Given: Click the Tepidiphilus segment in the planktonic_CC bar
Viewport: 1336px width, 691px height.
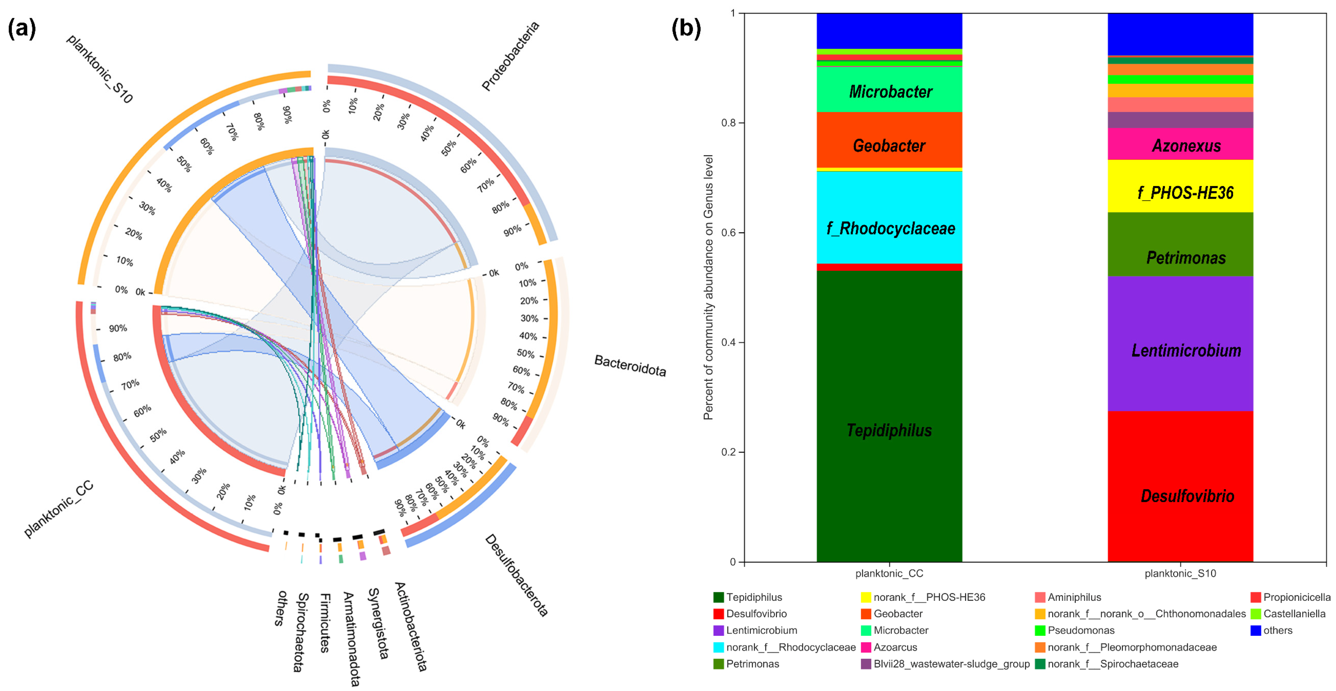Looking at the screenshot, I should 889,431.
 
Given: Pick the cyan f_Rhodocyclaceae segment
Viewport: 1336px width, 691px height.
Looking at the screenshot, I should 889,228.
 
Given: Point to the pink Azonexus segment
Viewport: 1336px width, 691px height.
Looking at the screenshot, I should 1181,146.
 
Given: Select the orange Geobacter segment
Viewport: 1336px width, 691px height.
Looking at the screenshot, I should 889,146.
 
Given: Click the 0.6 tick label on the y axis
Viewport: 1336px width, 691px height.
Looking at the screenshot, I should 729,233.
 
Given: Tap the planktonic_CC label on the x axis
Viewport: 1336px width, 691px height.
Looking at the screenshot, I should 889,573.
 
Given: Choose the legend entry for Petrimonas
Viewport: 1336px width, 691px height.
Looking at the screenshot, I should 752,664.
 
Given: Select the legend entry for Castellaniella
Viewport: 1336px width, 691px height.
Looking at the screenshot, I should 1293,614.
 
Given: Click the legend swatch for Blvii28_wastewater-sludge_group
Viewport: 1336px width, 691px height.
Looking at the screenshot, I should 866,664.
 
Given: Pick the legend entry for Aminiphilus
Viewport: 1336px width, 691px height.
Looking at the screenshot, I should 1074,597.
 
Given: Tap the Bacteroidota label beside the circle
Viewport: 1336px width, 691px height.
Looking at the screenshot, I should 630,366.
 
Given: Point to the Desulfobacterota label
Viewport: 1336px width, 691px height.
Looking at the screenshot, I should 516,575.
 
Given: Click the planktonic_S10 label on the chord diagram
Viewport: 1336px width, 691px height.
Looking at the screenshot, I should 100,69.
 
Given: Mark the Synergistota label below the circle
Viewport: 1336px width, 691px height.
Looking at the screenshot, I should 377,623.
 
